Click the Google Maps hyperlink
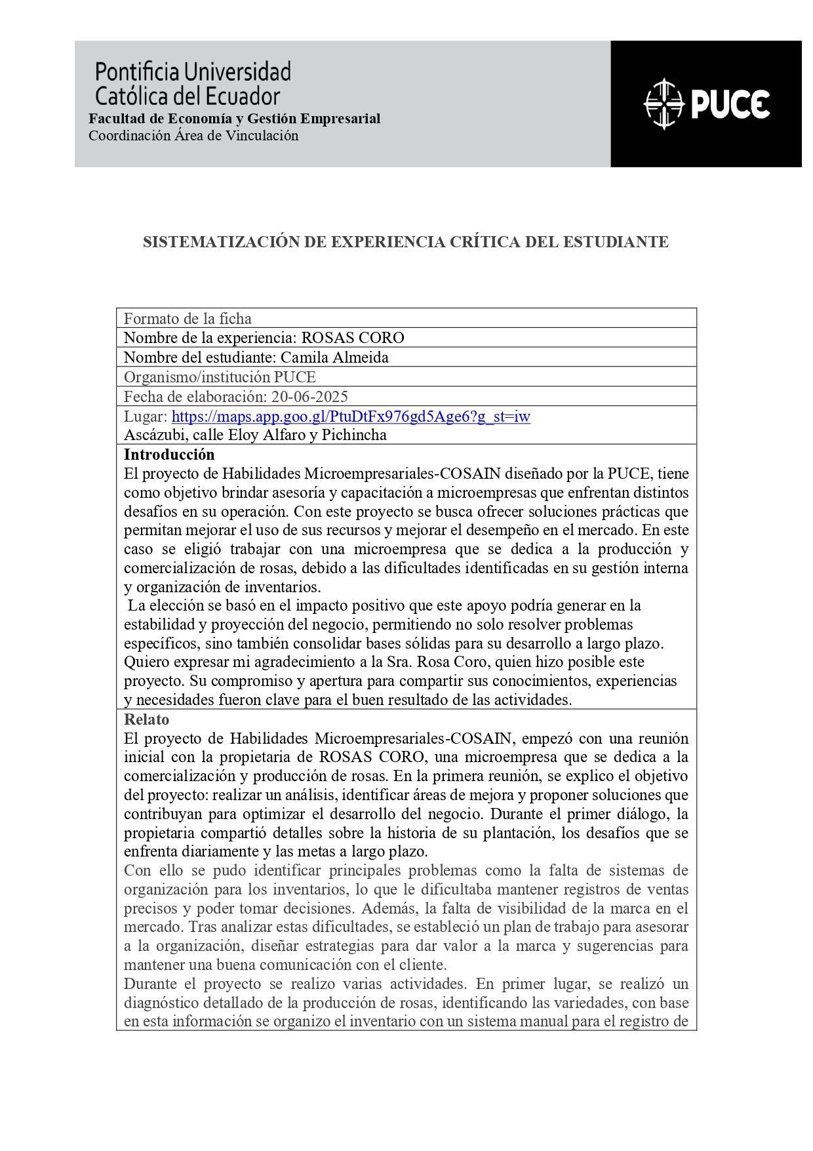click(x=351, y=416)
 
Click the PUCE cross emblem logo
click(x=664, y=104)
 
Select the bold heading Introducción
click(x=169, y=454)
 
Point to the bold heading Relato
click(x=147, y=719)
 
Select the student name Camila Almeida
click(x=334, y=357)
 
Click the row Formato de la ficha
click(x=188, y=319)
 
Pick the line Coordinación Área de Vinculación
click(x=193, y=136)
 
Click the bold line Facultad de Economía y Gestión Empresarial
click(x=235, y=119)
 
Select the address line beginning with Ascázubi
click(x=255, y=435)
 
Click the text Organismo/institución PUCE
click(x=220, y=377)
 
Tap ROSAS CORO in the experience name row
click(x=353, y=338)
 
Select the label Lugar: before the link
click(x=146, y=416)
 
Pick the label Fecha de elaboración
click(x=194, y=397)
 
